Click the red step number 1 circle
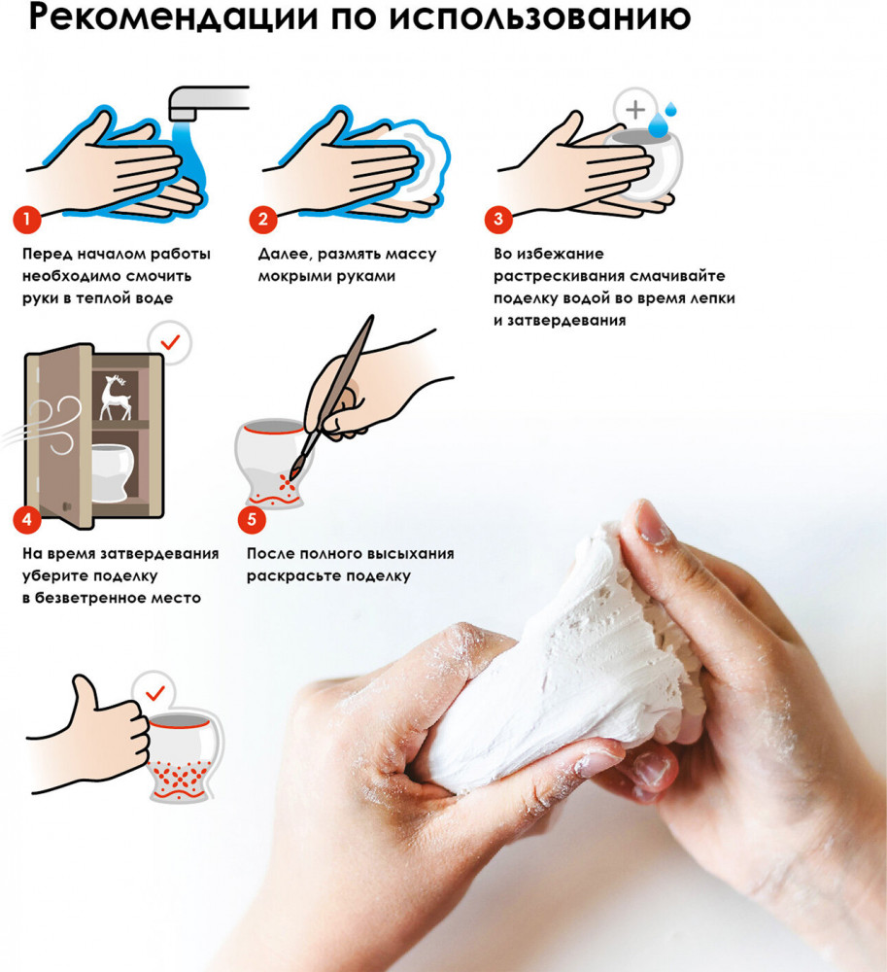click(26, 219)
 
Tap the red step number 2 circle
click(263, 219)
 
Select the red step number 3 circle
click(498, 219)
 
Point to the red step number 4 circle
click(26, 519)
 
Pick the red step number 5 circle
click(252, 519)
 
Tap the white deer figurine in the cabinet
click(116, 398)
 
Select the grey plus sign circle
click(635, 110)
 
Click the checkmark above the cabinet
click(170, 341)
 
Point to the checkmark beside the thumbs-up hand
click(154, 692)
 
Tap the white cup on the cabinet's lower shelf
click(113, 471)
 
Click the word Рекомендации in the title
click(174, 17)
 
